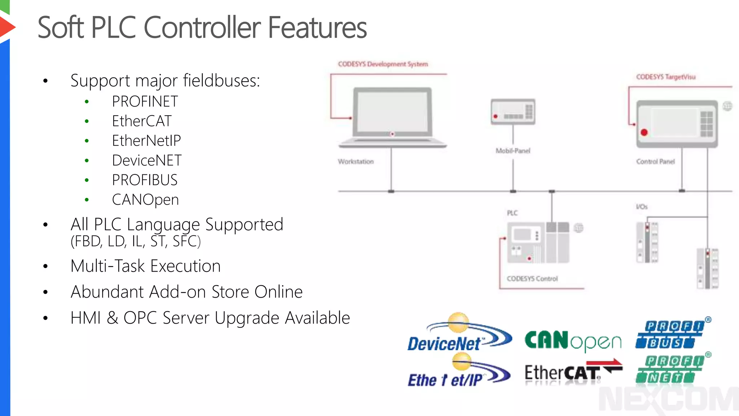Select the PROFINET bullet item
pos(145,101)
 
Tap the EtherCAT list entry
pos(141,121)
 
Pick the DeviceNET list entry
pos(147,160)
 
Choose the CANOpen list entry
pos(145,200)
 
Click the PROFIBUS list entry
pos(144,180)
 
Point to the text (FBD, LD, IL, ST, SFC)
pos(136,241)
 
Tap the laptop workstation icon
pos(392,117)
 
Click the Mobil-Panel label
pos(513,151)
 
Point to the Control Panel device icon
pos(677,124)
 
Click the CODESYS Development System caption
pos(383,64)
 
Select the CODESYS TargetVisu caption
pos(666,77)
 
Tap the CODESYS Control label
pos(532,278)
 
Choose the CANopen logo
pos(573,341)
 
